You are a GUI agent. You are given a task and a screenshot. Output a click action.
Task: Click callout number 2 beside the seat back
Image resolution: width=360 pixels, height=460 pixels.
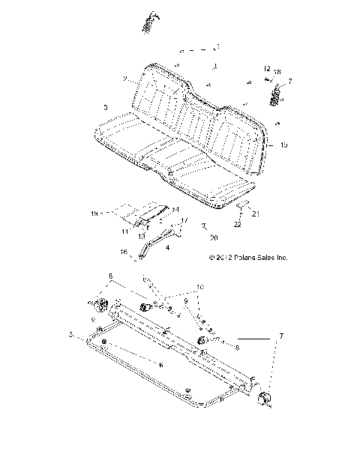(124, 78)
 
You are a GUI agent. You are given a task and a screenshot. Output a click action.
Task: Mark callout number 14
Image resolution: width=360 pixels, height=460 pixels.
(174, 208)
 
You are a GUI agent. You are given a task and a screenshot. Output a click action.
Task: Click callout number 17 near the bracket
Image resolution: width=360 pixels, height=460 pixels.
(182, 220)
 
